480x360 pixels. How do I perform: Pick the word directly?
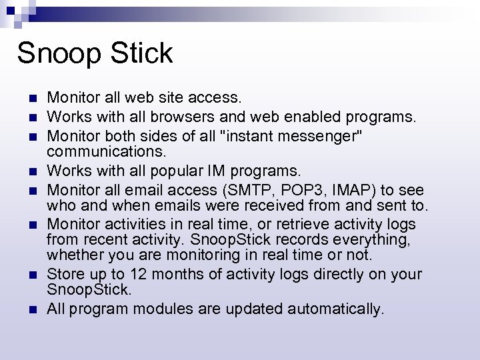(x=344, y=274)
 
